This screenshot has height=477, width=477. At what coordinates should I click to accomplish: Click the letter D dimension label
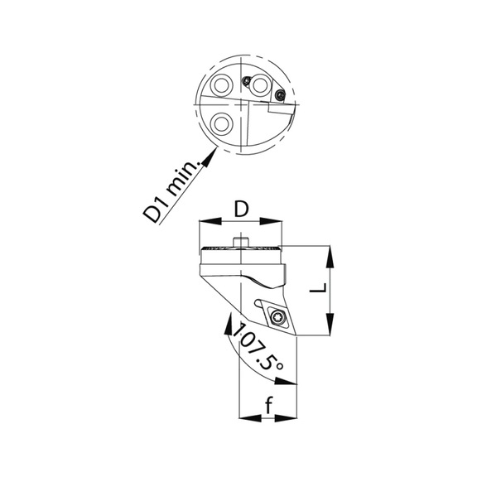click(240, 209)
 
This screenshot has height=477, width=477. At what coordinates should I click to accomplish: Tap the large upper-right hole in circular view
click(263, 85)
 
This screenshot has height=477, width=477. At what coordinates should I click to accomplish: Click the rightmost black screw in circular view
click(280, 97)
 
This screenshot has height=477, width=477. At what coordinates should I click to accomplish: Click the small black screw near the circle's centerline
click(247, 80)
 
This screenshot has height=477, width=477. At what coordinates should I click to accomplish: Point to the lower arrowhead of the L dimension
click(331, 328)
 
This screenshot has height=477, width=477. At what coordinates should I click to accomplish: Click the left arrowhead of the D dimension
click(205, 222)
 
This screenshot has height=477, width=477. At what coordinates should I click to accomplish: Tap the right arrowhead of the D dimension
click(277, 222)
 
